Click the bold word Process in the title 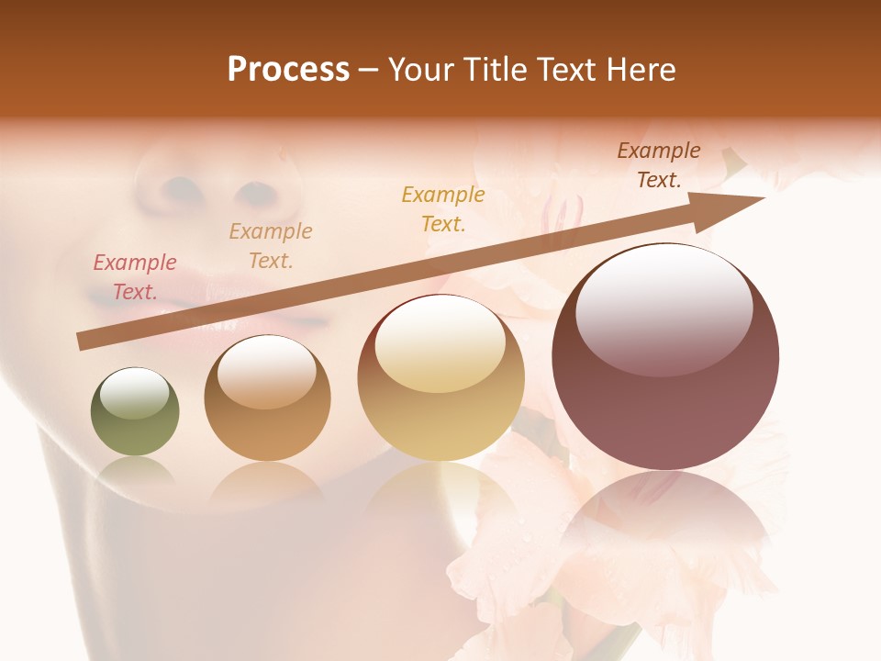pos(288,70)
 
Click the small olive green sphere pos(135,411)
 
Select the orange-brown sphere pos(267,398)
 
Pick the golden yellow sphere pos(440,377)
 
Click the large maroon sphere pos(665,356)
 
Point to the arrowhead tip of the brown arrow pos(764,197)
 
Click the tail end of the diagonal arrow pos(81,342)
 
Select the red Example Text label pos(135,276)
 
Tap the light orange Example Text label pos(271,245)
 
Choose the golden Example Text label pos(443,208)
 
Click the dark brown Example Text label pos(658,164)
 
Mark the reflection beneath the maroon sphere pos(665,532)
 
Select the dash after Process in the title pos(368,70)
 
